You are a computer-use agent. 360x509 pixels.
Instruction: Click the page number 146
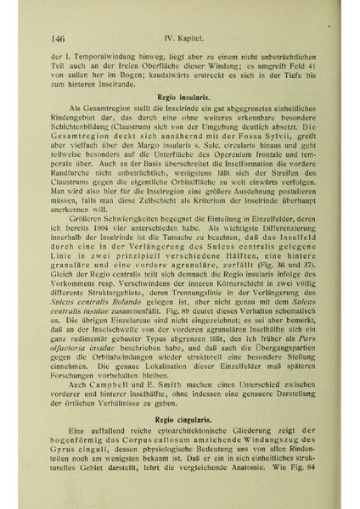click(59, 37)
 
